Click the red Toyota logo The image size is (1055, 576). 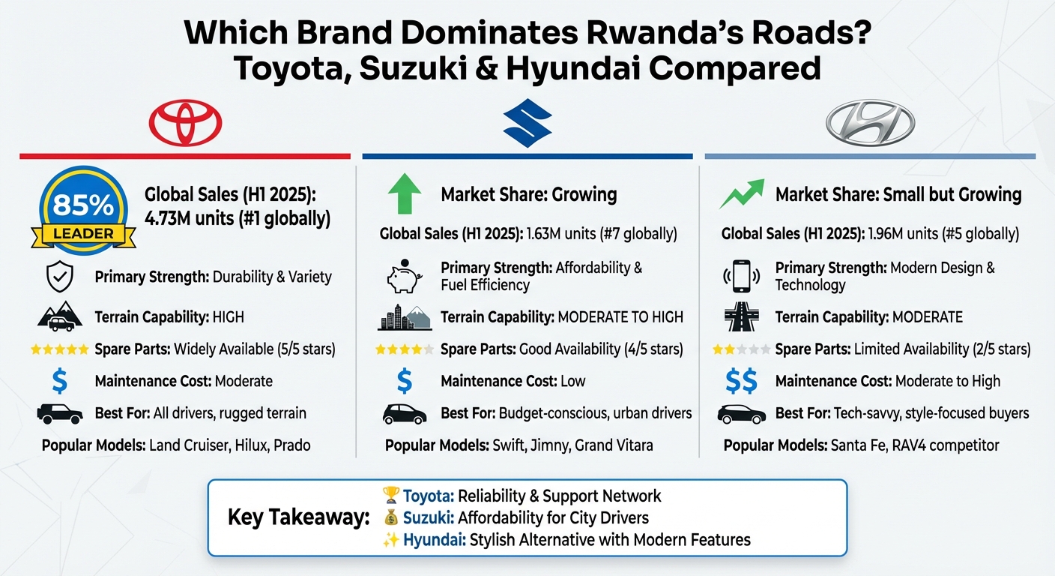click(185, 122)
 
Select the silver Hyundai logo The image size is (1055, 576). click(870, 122)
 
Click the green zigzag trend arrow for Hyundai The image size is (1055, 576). click(742, 194)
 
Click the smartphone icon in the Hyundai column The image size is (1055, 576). click(741, 277)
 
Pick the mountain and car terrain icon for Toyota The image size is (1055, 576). click(59, 316)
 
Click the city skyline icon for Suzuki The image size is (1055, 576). click(405, 317)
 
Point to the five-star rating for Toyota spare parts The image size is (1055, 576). click(59, 349)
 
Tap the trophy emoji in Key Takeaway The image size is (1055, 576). click(390, 495)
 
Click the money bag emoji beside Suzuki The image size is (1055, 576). click(390, 517)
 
